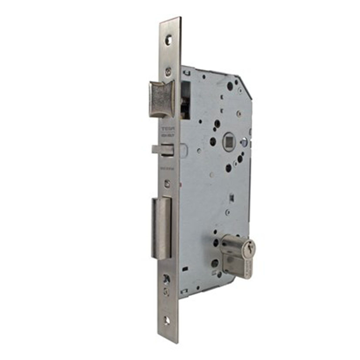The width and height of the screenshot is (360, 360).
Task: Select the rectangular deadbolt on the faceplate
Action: [x=161, y=229]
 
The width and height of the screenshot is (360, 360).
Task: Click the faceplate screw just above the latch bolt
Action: [x=168, y=71]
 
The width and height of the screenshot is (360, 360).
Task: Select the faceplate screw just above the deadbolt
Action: [x=167, y=183]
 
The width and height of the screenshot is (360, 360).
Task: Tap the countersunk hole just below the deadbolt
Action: [x=167, y=279]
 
